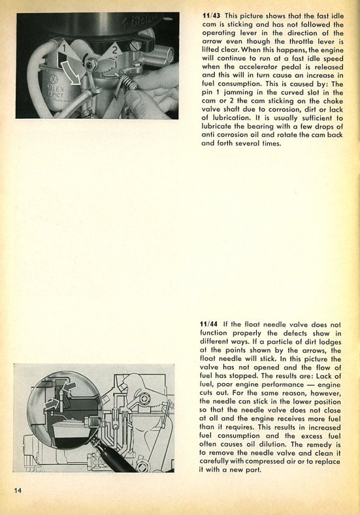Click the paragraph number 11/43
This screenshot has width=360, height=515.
point(212,16)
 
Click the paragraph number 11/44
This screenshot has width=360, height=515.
point(209,324)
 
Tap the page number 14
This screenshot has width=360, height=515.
point(18,490)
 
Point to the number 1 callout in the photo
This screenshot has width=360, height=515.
point(65,48)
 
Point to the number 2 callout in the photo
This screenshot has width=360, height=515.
point(114,50)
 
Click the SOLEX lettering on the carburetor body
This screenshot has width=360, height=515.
point(51,89)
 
